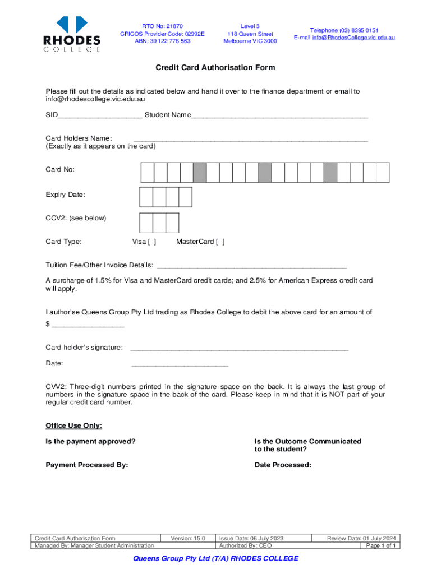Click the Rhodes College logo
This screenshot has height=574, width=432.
coord(72,34)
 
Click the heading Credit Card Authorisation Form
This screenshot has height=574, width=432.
coord(215,68)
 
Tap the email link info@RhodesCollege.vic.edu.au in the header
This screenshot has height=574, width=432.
coord(344,38)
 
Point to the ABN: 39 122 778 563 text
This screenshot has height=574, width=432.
coord(162,41)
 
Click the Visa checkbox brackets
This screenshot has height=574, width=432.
coord(152,242)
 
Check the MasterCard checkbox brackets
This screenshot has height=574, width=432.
coord(220,242)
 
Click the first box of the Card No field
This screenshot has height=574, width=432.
coord(148,172)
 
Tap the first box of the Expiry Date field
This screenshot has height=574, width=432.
coord(146,197)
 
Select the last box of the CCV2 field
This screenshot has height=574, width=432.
coord(172,223)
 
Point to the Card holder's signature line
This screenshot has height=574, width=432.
coord(239,349)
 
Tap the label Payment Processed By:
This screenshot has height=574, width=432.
coord(87,465)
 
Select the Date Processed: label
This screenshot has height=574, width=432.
coord(283,465)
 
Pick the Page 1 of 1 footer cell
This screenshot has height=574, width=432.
coord(382,545)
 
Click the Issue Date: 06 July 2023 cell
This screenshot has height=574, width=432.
coord(252,538)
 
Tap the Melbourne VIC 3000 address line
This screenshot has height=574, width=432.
coord(250,41)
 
